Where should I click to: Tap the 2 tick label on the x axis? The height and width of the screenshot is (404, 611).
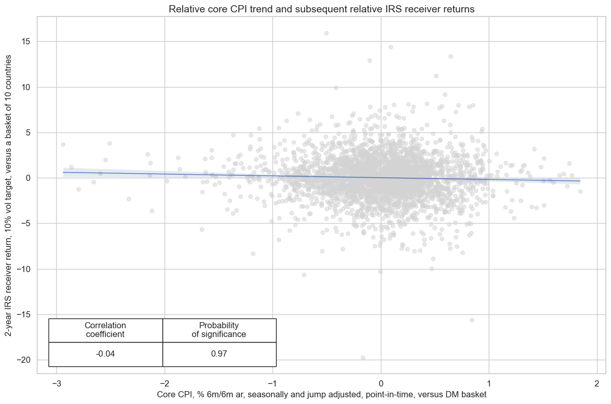[x=597, y=383]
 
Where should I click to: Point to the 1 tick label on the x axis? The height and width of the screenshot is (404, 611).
[x=489, y=383]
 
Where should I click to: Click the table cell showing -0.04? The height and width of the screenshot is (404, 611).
[x=105, y=354]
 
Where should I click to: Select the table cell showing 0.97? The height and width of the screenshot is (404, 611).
[x=219, y=354]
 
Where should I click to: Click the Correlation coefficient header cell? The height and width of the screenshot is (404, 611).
[x=105, y=330]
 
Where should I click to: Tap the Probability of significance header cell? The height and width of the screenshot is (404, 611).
[x=219, y=330]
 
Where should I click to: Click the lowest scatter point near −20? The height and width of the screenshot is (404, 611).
[x=363, y=358]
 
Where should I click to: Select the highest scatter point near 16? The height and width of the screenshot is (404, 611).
[x=326, y=33]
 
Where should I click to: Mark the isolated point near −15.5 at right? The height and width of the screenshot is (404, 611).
[x=472, y=320]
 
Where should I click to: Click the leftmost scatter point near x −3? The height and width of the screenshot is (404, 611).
[x=63, y=145]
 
